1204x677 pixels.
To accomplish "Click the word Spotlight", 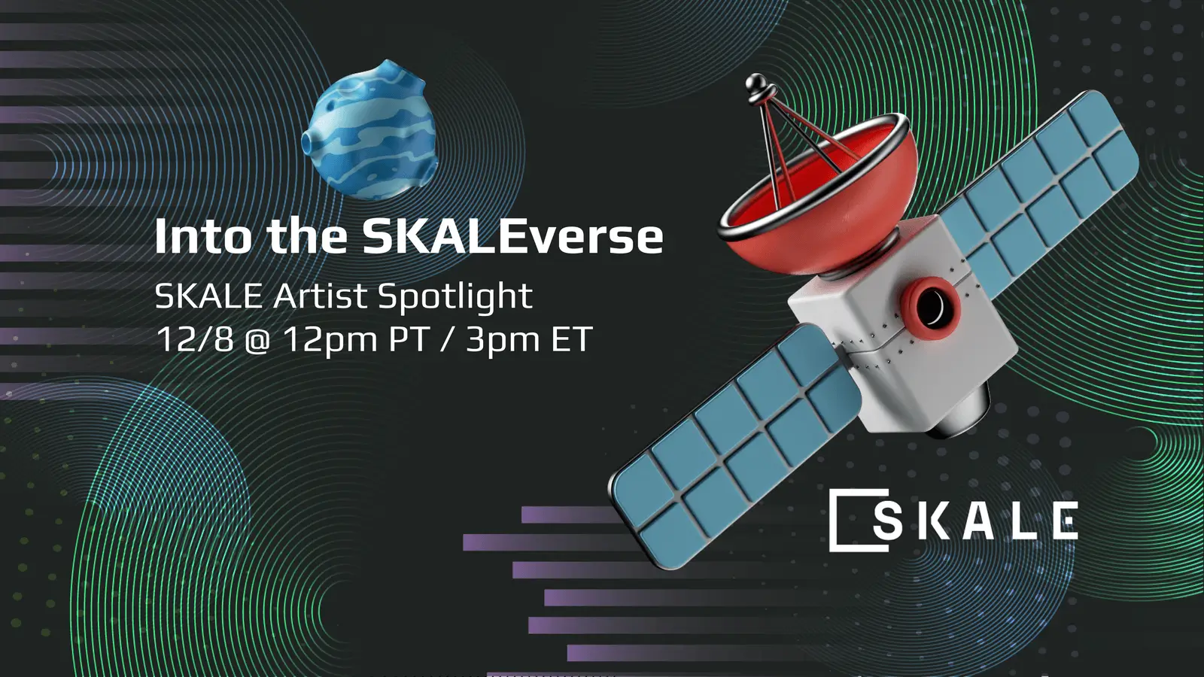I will pos(455,297).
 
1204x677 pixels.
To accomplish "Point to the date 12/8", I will pos(194,339).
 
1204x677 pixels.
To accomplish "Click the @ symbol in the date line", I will pos(257,341).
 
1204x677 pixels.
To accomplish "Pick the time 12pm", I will pos(330,341).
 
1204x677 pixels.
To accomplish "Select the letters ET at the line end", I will pos(572,339).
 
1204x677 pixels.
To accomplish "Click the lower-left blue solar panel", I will pos(734,444).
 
